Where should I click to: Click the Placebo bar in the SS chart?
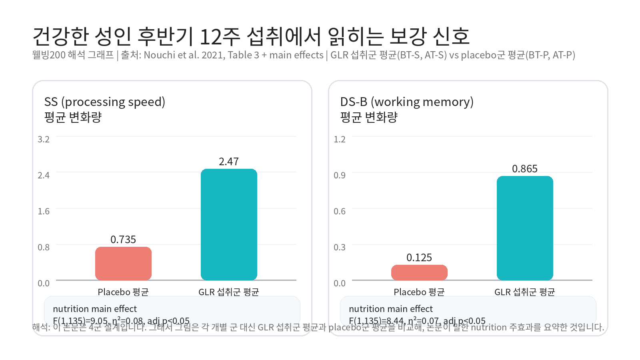point(123,264)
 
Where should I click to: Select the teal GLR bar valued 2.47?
point(229,224)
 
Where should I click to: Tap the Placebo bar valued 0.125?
point(419,272)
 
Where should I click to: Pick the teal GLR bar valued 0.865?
point(525,228)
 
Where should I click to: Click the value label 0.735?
point(123,240)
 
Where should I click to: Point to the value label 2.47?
point(229,162)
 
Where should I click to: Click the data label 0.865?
point(525,169)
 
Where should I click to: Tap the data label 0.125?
point(419,258)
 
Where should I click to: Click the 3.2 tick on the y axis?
point(44,139)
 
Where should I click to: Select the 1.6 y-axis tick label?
point(44,211)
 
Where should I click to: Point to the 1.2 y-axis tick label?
point(340,139)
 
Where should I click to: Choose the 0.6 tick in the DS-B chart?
point(340,211)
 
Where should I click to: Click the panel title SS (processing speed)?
point(105,102)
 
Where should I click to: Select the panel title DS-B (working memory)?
point(407,102)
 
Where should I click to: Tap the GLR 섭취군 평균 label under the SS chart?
point(229,292)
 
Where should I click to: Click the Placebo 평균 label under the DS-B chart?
point(419,292)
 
